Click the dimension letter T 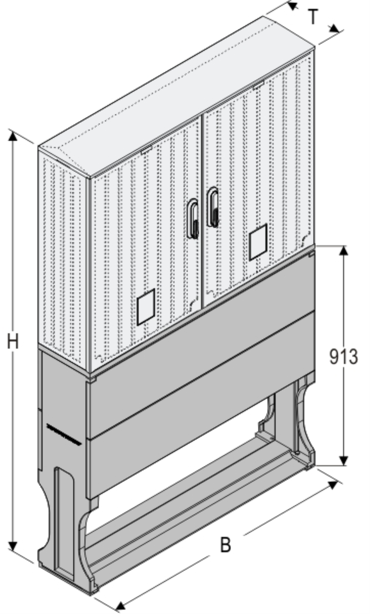(313, 17)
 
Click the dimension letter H (13, 342)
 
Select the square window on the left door (146, 307)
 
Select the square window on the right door (258, 242)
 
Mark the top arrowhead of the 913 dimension (343, 251)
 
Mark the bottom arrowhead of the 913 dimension (343, 461)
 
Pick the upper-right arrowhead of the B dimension (333, 485)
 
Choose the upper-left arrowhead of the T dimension (292, 6)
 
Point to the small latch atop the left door (147, 150)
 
